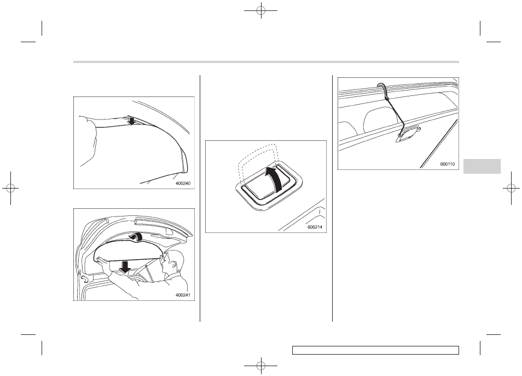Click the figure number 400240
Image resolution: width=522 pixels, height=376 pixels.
click(183, 183)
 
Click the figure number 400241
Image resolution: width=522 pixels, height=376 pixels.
click(183, 295)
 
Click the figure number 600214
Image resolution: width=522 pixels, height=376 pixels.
click(315, 227)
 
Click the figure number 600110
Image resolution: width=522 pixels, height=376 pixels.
click(447, 164)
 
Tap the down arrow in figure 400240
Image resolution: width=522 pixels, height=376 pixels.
click(132, 121)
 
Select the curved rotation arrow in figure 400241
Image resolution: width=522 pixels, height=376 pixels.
click(137, 236)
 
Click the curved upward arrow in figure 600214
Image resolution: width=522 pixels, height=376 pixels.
click(275, 179)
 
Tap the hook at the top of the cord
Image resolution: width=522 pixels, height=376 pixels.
click(382, 87)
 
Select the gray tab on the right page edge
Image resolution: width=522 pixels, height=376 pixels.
click(482, 166)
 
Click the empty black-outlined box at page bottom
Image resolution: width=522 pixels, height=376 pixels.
click(375, 350)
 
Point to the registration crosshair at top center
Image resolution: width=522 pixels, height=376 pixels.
click(261, 10)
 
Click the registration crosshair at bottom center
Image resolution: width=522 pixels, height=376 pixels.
click(261, 366)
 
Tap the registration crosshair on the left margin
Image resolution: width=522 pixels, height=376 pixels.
click(10, 189)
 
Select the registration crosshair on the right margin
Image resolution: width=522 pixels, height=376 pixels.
click(512, 189)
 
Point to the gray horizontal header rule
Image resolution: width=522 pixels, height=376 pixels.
click(266, 62)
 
